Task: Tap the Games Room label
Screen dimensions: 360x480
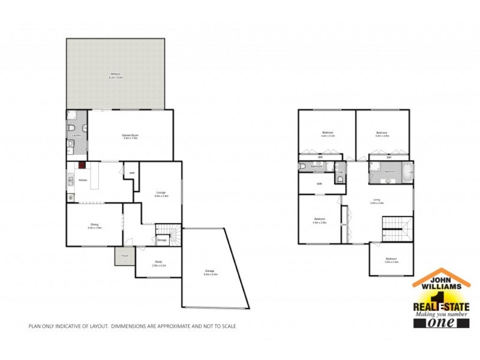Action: click(x=130, y=136)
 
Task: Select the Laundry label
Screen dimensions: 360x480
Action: click(x=76, y=136)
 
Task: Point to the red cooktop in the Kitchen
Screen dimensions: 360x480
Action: click(x=80, y=166)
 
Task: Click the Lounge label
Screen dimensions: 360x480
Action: click(x=161, y=192)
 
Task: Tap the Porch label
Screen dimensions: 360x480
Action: click(x=125, y=256)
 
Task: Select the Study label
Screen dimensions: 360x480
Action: click(x=158, y=262)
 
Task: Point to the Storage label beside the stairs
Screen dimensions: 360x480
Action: click(x=162, y=241)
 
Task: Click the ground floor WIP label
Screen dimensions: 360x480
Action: click(x=131, y=173)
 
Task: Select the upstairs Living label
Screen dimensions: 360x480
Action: click(x=377, y=200)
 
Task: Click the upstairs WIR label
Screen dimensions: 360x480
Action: click(x=320, y=184)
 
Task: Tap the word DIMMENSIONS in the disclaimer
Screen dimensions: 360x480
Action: click(x=130, y=326)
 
